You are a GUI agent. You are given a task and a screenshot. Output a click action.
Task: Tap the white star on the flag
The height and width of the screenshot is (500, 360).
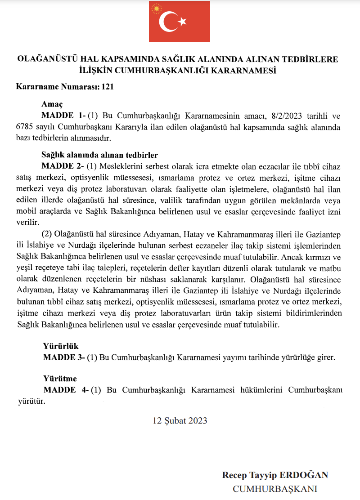(x=182, y=22)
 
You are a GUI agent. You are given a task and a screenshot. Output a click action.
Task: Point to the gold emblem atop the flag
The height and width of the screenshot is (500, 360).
(x=157, y=8)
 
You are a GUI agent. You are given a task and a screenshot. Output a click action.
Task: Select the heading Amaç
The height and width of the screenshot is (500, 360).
(x=52, y=104)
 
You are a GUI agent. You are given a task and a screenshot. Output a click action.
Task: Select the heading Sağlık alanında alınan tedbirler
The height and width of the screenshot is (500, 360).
(x=99, y=156)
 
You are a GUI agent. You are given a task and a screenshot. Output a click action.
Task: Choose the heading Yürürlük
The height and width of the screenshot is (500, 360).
(x=61, y=346)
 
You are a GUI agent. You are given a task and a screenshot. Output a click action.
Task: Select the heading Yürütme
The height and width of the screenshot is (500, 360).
(x=60, y=379)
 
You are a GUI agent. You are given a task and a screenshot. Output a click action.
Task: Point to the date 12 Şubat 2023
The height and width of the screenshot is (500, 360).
(x=180, y=420)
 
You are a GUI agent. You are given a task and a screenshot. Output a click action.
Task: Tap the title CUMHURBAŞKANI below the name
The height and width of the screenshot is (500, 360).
(x=275, y=489)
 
